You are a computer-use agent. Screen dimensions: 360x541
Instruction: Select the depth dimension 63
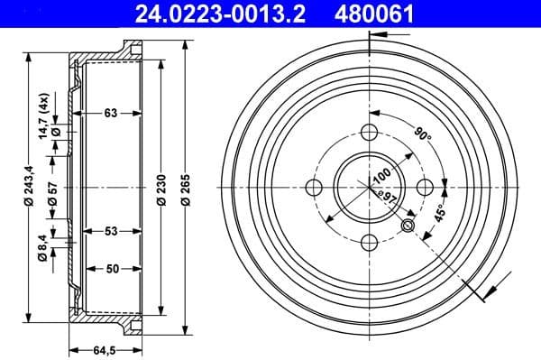(x=110, y=114)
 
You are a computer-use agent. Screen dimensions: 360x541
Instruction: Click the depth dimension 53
(x=110, y=232)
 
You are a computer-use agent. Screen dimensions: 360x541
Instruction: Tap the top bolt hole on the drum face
(x=370, y=134)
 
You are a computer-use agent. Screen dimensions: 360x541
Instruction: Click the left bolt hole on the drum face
(x=314, y=189)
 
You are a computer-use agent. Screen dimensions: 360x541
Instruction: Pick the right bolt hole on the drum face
(x=426, y=189)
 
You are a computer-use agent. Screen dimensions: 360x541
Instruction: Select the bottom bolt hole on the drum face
(x=370, y=244)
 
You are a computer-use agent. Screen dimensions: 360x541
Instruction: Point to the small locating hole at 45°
(x=408, y=226)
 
